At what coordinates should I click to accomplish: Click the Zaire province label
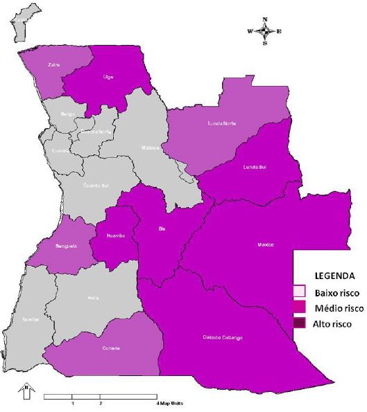[x=53, y=65]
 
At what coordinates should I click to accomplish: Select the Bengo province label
[x=68, y=113]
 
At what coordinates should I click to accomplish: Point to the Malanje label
[x=151, y=147]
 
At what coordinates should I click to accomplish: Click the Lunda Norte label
[x=222, y=123]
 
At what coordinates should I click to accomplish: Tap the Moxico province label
[x=266, y=244]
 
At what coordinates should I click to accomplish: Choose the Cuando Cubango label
[x=223, y=337]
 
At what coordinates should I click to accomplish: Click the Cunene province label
[x=111, y=348]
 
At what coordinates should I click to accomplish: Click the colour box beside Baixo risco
[x=299, y=291]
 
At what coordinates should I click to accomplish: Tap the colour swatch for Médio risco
[x=299, y=307]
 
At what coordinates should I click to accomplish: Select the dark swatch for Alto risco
[x=299, y=323]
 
